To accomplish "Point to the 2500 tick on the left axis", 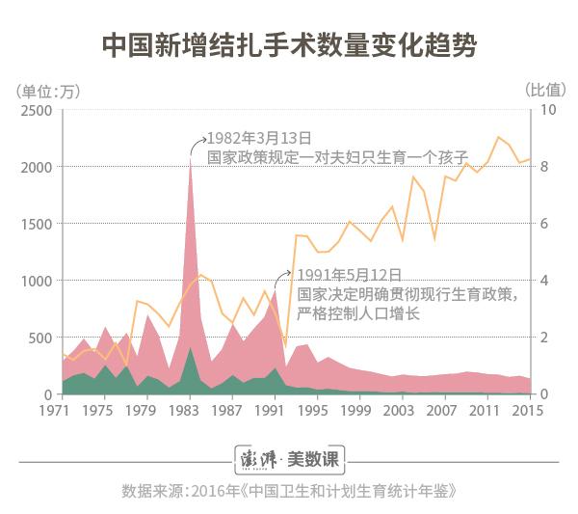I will pos(34,110).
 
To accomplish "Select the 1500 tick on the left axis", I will pos(34,224).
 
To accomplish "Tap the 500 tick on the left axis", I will pos(39,338).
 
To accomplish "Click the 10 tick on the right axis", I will pos(547,110).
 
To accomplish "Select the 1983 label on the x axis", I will pos(191,411).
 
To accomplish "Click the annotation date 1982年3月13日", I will pos(261,137).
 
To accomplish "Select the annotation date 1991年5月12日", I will pos(348,275).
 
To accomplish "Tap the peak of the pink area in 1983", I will pos(191,160).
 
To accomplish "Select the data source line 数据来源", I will pos(289,491).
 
